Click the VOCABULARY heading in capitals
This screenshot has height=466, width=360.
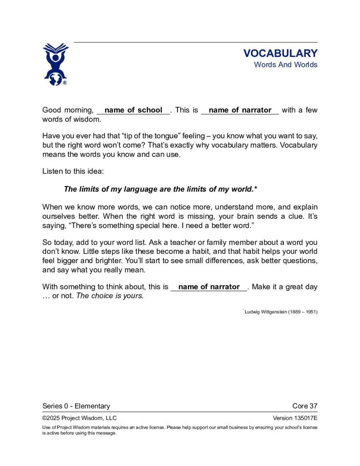click(280, 53)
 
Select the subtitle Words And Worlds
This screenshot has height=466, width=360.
click(285, 65)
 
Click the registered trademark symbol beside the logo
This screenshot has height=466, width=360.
click(65, 83)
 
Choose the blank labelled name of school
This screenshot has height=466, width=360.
click(133, 110)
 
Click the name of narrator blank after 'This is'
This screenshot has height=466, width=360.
click(240, 110)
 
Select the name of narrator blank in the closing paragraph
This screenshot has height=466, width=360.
click(209, 287)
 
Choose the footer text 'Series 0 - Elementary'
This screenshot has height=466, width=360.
click(76, 406)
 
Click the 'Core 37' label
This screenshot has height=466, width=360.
click(305, 406)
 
